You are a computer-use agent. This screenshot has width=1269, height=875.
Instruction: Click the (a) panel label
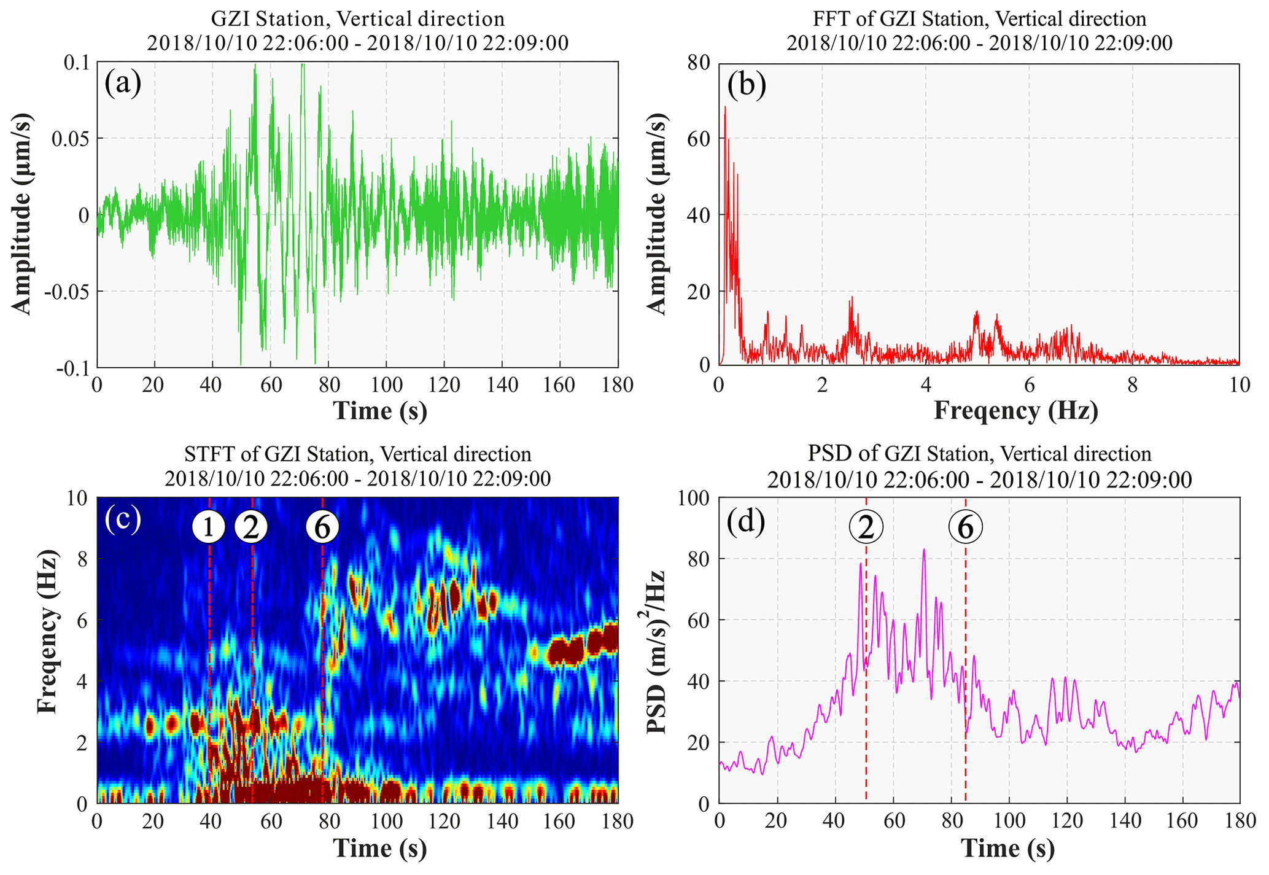click(123, 83)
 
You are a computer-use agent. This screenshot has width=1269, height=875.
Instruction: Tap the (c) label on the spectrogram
click(123, 519)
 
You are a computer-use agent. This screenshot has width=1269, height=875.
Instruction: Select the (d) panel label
click(746, 521)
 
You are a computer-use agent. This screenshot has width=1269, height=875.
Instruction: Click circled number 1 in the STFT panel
click(209, 527)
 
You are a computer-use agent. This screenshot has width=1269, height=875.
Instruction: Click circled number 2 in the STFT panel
click(251, 527)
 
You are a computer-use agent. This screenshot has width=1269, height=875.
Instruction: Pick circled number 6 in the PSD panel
click(965, 527)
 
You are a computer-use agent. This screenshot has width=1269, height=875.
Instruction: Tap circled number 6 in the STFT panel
click(322, 527)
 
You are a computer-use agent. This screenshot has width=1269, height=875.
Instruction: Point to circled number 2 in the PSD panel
click(866, 527)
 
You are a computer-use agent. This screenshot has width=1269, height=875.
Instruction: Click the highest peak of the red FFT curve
click(725, 107)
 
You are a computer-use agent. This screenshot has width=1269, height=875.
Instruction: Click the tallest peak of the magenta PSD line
click(923, 550)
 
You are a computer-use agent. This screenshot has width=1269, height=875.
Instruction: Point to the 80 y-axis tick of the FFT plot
click(698, 63)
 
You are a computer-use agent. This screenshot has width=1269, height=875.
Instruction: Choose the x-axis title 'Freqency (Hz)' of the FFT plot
click(1015, 411)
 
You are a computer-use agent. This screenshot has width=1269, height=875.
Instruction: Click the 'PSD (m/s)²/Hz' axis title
click(657, 651)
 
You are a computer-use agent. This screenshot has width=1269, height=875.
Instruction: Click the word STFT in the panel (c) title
click(205, 454)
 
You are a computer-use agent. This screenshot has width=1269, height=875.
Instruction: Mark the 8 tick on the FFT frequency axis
click(1133, 386)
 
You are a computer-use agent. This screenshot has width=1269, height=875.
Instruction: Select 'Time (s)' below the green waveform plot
click(379, 411)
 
